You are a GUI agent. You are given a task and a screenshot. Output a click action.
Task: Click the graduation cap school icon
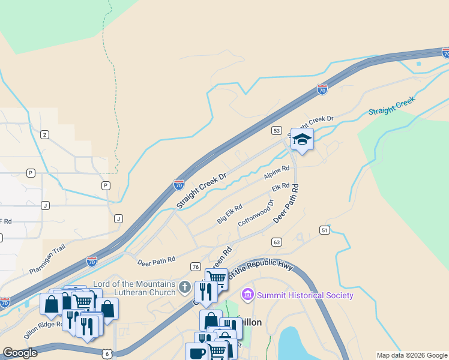click(x=302, y=140)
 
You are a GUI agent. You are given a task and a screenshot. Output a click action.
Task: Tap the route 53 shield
click(x=276, y=130)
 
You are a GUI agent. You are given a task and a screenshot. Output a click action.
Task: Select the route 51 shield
click(x=325, y=230)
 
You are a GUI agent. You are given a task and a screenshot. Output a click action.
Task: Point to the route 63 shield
click(x=276, y=242)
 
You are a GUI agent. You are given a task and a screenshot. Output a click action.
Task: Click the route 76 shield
click(x=195, y=266)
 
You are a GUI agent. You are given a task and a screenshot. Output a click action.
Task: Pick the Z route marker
click(x=44, y=134)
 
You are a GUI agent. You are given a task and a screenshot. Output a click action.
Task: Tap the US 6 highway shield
click(x=106, y=354)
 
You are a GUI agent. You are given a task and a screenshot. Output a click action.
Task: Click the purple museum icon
click(x=247, y=295)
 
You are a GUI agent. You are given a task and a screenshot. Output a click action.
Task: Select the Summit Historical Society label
click(x=304, y=295)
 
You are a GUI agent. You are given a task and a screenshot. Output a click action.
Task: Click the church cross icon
click(x=185, y=287)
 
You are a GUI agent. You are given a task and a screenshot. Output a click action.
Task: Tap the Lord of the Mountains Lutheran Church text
click(x=133, y=288)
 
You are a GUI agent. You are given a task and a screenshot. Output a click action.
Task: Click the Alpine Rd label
click(x=277, y=174)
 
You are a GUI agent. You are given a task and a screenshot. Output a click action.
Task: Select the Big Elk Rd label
click(x=229, y=214)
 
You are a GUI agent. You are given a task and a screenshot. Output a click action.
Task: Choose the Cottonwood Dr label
click(x=256, y=213)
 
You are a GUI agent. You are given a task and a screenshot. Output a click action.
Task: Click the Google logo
click(x=20, y=353)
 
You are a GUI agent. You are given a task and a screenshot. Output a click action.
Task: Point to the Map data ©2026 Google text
click(x=412, y=355)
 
